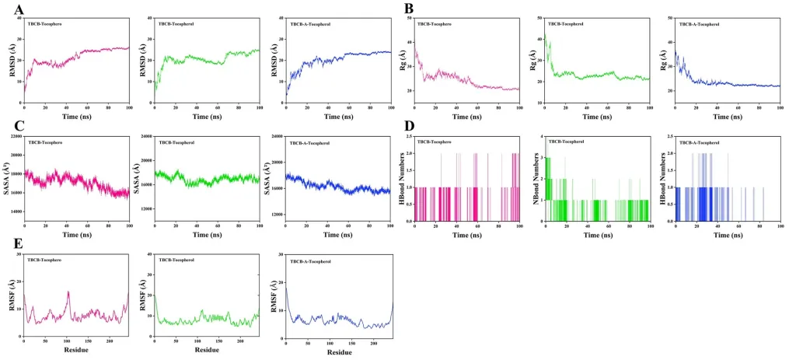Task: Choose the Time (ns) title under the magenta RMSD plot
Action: coord(76,117)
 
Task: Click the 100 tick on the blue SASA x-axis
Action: coord(389,225)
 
